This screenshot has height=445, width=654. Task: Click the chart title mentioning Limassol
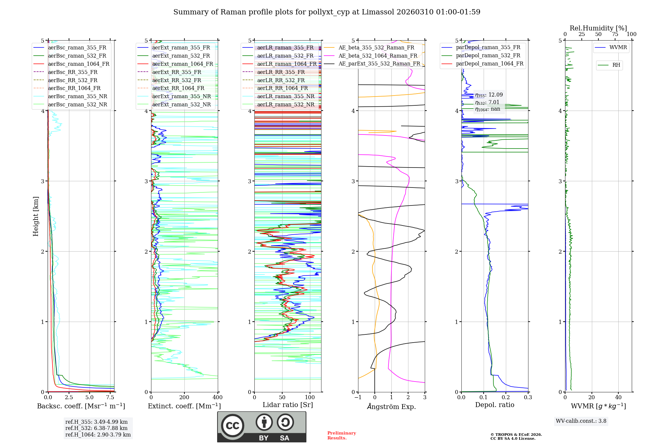coord(327,12)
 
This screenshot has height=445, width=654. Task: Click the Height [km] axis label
coord(36,216)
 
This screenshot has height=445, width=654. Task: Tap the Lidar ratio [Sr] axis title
coord(288,405)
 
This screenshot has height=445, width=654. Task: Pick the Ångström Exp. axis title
coord(391,406)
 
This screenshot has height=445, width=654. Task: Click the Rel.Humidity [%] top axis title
coord(598,28)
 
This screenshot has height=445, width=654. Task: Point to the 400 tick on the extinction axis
coord(217,398)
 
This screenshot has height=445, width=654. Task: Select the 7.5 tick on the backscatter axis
coord(110,398)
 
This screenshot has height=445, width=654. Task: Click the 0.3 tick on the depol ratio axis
coord(528,398)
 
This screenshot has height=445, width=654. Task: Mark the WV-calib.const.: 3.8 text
coord(581,421)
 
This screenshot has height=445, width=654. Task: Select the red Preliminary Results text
coord(341,435)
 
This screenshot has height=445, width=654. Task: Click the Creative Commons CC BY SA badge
coord(262,427)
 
